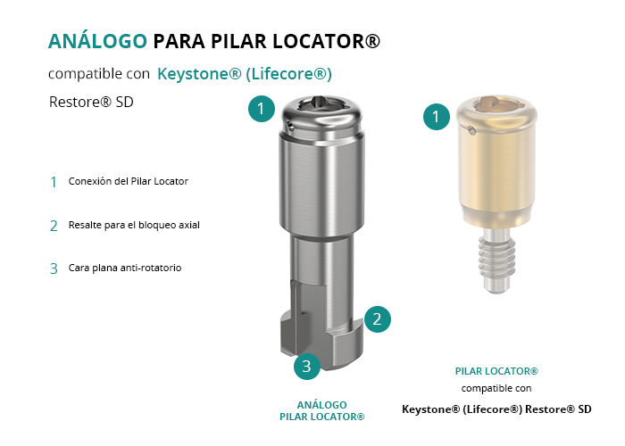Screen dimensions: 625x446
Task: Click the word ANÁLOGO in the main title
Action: pyautogui.click(x=97, y=41)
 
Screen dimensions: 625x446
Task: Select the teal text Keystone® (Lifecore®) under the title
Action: pyautogui.click(x=245, y=74)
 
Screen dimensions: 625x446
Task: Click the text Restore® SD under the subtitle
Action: pyautogui.click(x=91, y=102)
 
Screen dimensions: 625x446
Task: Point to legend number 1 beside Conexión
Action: pyautogui.click(x=54, y=182)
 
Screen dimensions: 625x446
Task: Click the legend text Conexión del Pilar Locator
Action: pyautogui.click(x=128, y=181)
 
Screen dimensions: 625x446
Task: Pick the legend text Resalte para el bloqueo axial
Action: pyautogui.click(x=134, y=225)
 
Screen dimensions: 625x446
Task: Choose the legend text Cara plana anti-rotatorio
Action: pyautogui.click(x=125, y=268)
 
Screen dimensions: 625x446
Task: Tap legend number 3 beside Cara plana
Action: pyautogui.click(x=54, y=268)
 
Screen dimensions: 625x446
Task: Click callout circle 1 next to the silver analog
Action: pyautogui.click(x=262, y=109)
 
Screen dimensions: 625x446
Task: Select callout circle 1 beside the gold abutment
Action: pyautogui.click(x=437, y=117)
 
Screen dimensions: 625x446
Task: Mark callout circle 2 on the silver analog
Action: pyautogui.click(x=377, y=319)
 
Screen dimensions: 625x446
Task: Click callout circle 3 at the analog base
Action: pyautogui.click(x=307, y=367)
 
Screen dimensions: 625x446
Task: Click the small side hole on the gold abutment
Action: pyautogui.click(x=471, y=130)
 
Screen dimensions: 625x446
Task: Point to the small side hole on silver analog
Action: pyautogui.click(x=291, y=128)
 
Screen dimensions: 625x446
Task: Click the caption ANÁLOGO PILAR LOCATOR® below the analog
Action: pyautogui.click(x=322, y=411)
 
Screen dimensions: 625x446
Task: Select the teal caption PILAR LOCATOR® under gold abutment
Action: pyautogui.click(x=496, y=371)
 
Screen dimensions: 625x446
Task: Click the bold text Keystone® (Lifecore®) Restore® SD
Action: pyautogui.click(x=496, y=409)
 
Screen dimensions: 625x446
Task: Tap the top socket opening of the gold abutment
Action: pyautogui.click(x=496, y=103)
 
